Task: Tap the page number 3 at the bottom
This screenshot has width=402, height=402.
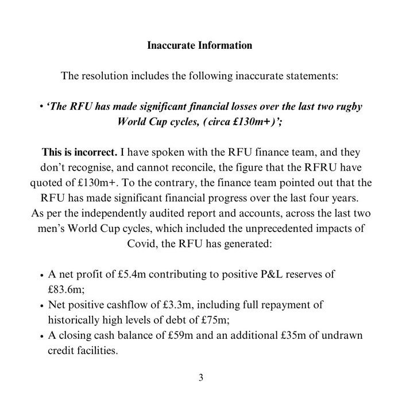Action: click(200, 377)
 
